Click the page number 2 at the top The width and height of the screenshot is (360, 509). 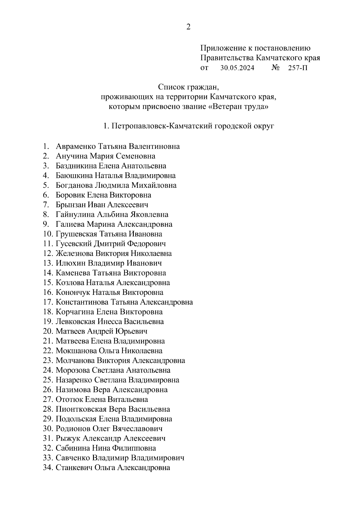188,27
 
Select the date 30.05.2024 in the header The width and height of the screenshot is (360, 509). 237,68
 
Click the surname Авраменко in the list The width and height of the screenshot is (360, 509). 76,146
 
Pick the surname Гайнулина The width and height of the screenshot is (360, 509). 75,214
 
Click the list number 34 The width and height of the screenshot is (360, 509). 48,468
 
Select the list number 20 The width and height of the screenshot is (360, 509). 48,331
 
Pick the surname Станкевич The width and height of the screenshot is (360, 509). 74,468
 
